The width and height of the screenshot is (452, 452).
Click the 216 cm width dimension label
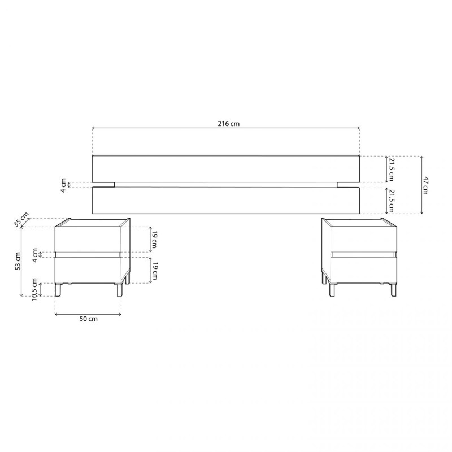pyautogui.click(x=228, y=124)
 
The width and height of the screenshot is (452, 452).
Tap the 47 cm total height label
pyautogui.click(x=425, y=185)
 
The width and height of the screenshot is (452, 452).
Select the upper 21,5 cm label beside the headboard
pyautogui.click(x=391, y=169)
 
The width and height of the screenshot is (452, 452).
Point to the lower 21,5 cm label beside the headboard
pyautogui.click(x=391, y=201)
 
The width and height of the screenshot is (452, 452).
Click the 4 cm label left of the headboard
pyautogui.click(x=63, y=185)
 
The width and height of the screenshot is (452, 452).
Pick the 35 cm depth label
pyautogui.click(x=21, y=220)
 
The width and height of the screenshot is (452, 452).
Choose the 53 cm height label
pyautogui.click(x=18, y=261)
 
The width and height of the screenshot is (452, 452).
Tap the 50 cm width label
pyautogui.click(x=89, y=319)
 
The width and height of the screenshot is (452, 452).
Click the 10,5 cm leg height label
pyautogui.click(x=34, y=289)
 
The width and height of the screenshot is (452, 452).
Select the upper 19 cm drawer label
pyautogui.click(x=154, y=239)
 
